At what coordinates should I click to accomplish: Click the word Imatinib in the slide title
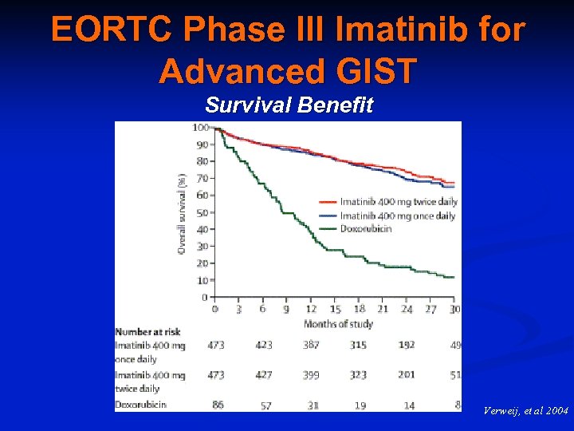[387, 30]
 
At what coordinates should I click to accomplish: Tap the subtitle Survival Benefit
[289, 105]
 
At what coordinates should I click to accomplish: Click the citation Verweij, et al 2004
[525, 411]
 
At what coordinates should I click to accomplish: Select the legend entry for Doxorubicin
[365, 228]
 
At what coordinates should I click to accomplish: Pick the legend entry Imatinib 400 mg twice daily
[397, 202]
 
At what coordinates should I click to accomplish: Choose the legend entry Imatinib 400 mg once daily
[397, 215]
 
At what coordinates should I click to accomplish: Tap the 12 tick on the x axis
[311, 310]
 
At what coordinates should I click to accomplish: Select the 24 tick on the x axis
[407, 310]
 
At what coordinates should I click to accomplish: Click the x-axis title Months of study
[338, 323]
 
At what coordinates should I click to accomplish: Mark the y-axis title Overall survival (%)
[182, 213]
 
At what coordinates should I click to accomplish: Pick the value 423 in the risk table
[264, 345]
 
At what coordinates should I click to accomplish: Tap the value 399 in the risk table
[312, 374]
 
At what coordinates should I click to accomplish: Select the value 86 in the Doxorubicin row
[217, 405]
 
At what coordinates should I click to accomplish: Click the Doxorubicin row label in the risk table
[140, 405]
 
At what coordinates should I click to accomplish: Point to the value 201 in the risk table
[407, 374]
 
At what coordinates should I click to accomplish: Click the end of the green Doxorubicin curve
[454, 277]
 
